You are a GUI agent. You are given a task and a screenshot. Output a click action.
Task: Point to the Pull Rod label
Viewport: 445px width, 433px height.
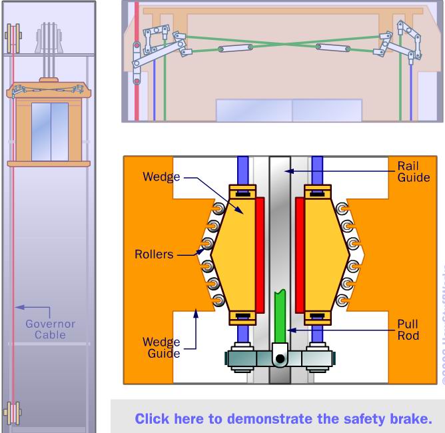[x=408, y=330]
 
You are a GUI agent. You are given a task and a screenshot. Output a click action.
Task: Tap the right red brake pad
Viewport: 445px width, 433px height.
[x=300, y=253]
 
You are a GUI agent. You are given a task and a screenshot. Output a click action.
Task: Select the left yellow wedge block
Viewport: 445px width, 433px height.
[x=234, y=253]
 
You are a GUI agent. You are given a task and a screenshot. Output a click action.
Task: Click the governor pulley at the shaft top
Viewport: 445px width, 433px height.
[x=12, y=38]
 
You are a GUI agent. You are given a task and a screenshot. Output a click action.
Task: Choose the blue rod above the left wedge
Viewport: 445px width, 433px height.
[x=243, y=170]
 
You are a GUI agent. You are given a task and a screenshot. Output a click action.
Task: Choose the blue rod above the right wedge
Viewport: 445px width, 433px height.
[x=317, y=170]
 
